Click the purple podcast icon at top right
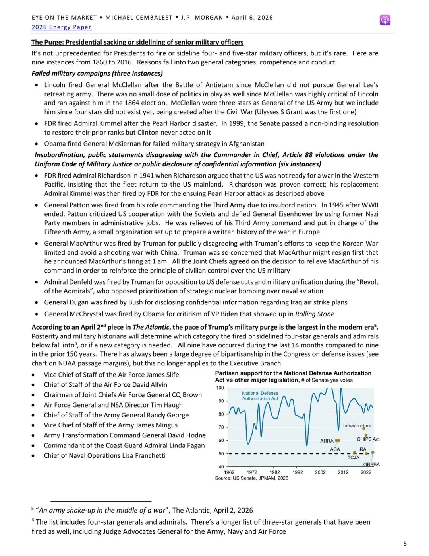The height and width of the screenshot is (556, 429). coord(385,20)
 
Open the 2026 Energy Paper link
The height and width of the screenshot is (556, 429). coord(62,27)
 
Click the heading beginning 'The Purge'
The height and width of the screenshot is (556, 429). coord(137,42)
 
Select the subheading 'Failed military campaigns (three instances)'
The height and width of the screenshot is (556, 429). coord(97,73)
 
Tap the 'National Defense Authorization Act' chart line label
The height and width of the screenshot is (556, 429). coord(260,396)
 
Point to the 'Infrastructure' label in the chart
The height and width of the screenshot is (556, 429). coord(357,426)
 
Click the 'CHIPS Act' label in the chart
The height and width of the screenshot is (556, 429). coord(368,439)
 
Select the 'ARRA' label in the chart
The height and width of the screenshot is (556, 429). coord(327,441)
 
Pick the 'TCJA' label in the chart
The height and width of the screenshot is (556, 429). coord(353,458)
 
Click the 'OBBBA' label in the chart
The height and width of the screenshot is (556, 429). coord(371,465)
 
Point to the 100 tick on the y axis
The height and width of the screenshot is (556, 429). coord(220,388)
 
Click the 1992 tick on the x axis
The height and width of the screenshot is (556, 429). coord(298,472)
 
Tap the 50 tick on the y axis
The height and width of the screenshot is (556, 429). coord(221,454)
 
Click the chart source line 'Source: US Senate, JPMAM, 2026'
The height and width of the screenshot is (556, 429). coord(251,478)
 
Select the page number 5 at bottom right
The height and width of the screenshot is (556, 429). coord(405,544)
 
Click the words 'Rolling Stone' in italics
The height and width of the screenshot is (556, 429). coord(315,314)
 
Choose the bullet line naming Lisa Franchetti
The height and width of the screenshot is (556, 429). coord(104,456)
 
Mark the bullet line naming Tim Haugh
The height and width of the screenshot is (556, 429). coord(113,405)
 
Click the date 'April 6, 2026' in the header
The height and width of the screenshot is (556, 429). coord(252,18)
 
